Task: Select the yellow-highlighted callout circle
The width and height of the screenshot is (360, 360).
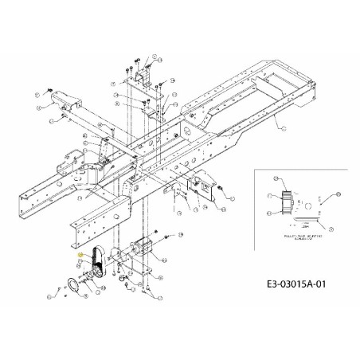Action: point(81,253)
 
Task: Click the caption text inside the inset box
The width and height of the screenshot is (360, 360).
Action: point(299,237)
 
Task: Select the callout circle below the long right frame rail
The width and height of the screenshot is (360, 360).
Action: point(279,126)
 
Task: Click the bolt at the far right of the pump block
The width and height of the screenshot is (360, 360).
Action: point(170,236)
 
